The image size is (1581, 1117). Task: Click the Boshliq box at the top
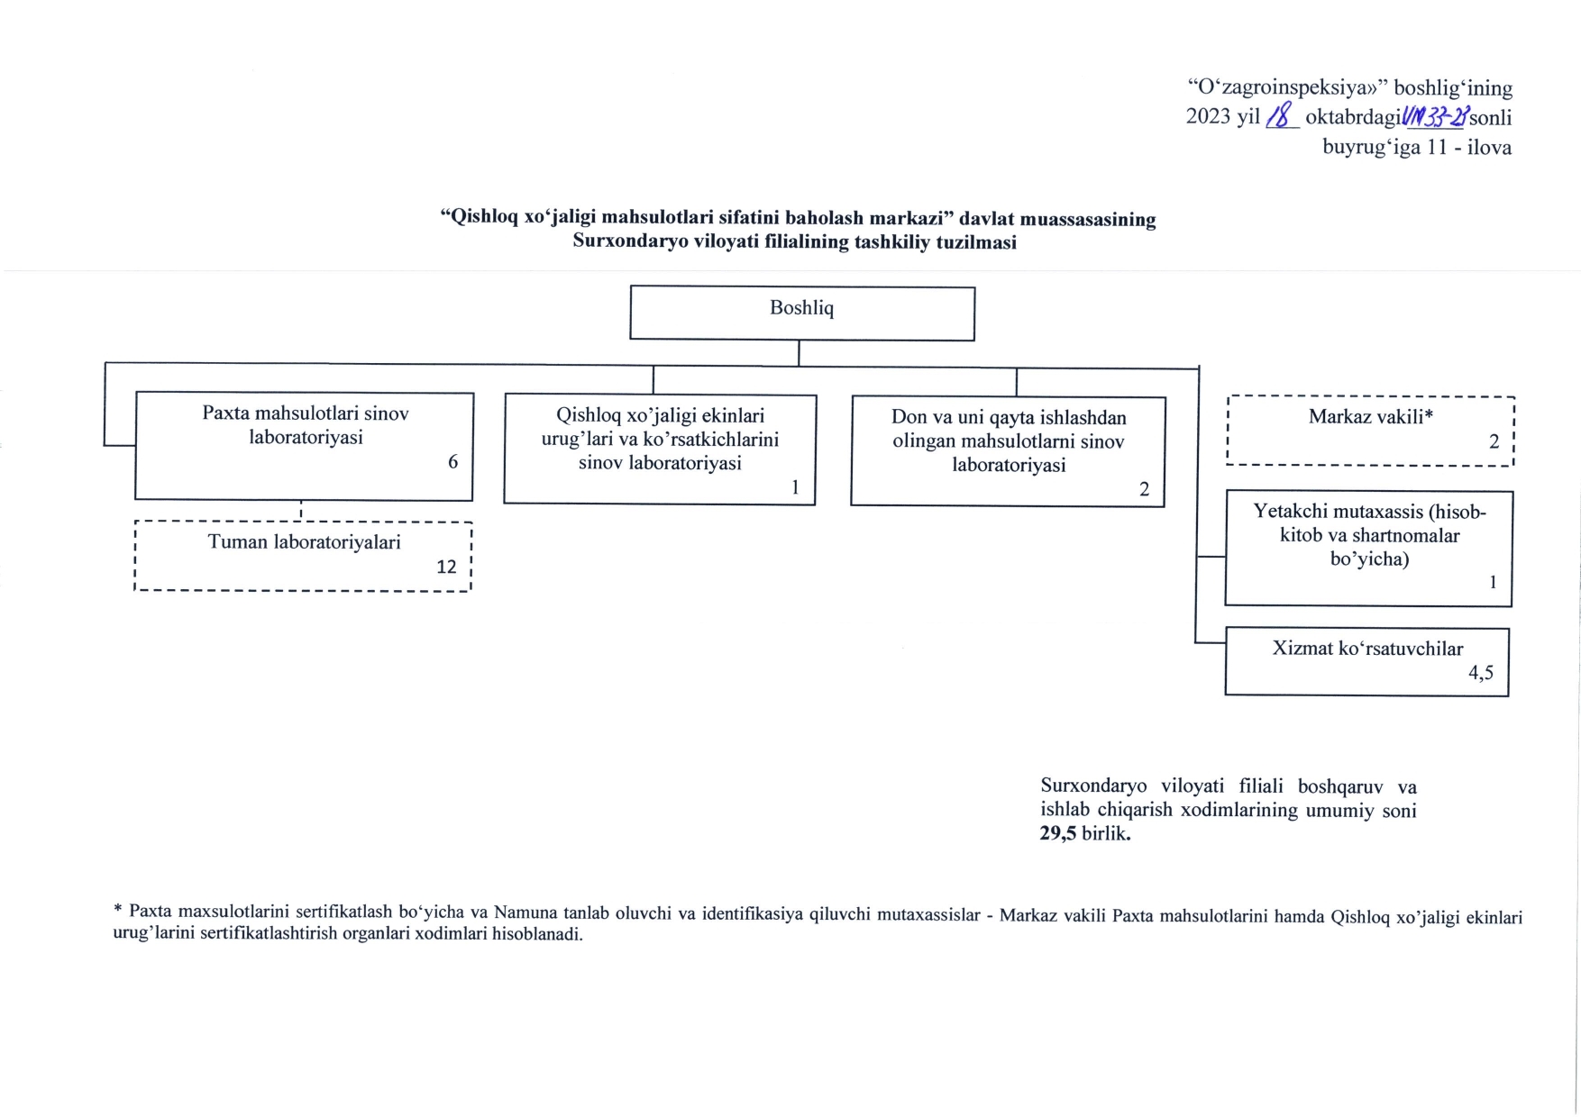coord(801,312)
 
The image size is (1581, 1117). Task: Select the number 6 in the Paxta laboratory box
coord(452,462)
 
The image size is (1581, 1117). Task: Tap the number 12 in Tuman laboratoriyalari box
coord(446,567)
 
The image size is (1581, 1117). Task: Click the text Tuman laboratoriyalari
coord(304,542)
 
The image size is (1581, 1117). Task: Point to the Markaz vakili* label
coord(1370,416)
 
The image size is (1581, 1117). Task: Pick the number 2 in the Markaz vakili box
coord(1494,442)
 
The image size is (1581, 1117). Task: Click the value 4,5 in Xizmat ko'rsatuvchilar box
coord(1480,672)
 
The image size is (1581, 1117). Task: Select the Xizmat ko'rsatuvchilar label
coord(1366,649)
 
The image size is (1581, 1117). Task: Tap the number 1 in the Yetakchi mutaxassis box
coord(1493,582)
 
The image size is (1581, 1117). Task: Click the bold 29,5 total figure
coord(1059,833)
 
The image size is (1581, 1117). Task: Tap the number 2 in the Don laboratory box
coord(1144,490)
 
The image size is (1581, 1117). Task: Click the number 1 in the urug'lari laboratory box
coord(795,487)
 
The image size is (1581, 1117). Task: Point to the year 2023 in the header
coord(1210,117)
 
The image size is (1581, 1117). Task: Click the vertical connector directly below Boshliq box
coord(799,353)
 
